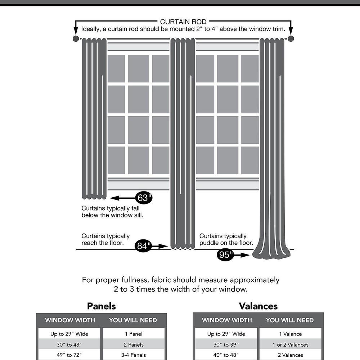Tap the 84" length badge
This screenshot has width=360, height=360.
(144, 246)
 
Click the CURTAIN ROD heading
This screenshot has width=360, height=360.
(183, 22)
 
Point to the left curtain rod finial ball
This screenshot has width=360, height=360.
(76, 39)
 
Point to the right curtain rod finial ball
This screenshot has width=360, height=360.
(291, 39)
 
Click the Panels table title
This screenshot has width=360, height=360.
(102, 306)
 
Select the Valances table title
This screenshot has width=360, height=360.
(258, 306)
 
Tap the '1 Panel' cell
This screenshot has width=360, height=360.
(134, 334)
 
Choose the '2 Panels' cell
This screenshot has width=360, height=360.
(134, 345)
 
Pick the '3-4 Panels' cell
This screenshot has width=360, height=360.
(134, 355)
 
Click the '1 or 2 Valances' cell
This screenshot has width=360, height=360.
(290, 345)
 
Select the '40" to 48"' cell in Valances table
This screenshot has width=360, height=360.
(226, 355)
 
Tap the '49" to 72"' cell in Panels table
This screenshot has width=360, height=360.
(69, 355)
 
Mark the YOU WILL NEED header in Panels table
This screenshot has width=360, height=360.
(133, 320)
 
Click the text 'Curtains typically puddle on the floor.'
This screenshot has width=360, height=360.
(226, 239)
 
